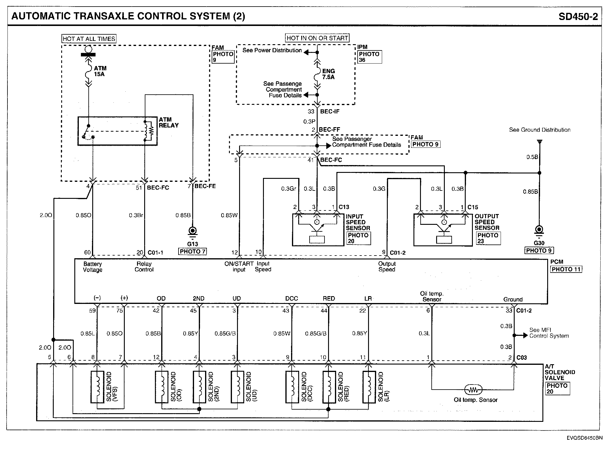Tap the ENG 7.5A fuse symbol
pos(317,74)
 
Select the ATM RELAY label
pos(168,122)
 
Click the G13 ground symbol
pos(193,231)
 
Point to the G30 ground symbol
pos(539,230)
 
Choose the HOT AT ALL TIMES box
pos(89,39)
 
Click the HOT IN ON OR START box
pos(317,38)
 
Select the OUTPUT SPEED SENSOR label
pos(487,222)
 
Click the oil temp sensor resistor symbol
pos(473,390)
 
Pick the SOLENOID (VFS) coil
pos(97,387)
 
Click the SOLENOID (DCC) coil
pos(292,387)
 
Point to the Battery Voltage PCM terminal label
pos(93,267)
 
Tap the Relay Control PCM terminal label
pos(144,267)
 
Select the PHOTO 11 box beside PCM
pos(566,269)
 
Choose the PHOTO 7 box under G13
pos(193,251)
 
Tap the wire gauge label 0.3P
pos(309,122)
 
